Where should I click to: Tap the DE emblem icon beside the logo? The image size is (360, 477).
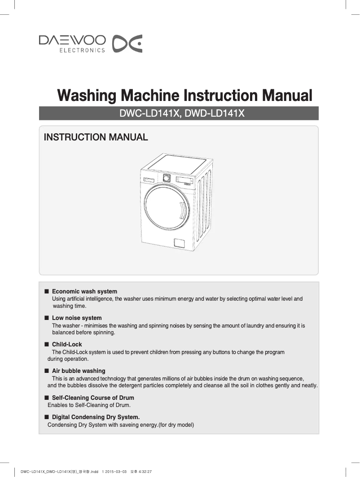(x=127, y=43)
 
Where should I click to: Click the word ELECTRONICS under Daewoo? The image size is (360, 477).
(x=82, y=50)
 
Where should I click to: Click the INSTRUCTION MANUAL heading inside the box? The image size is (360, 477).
(x=96, y=137)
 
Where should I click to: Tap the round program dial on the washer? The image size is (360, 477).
(x=167, y=178)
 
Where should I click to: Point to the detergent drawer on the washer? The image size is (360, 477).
(x=149, y=180)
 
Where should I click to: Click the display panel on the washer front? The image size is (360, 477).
(x=184, y=179)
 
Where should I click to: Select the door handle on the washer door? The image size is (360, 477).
(x=182, y=210)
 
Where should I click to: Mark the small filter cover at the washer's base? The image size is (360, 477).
(x=179, y=243)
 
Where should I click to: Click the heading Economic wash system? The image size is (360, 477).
(x=84, y=292)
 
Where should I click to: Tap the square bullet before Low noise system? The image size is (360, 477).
(x=46, y=318)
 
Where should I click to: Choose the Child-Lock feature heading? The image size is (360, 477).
(x=67, y=345)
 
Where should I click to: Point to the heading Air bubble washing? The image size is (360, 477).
(x=79, y=371)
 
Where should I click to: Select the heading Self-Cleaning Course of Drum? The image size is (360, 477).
(x=93, y=398)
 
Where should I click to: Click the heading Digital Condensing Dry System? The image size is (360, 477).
(x=96, y=417)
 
